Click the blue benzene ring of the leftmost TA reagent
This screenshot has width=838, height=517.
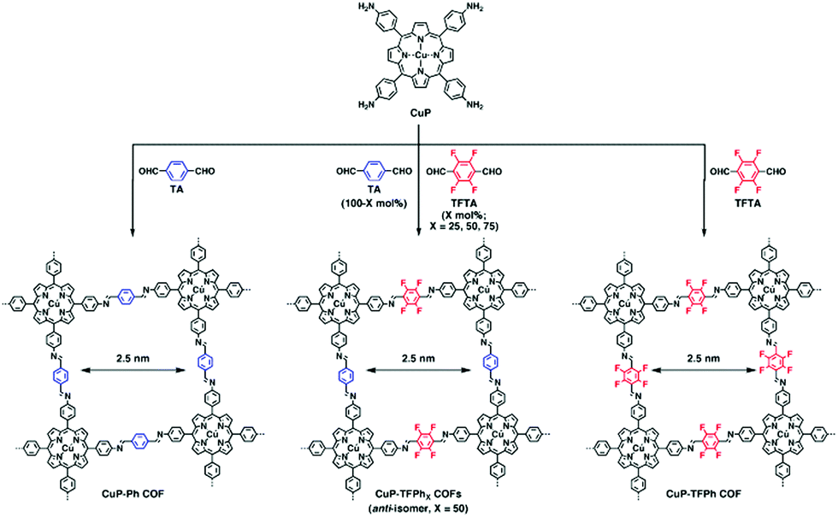coord(180,169)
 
